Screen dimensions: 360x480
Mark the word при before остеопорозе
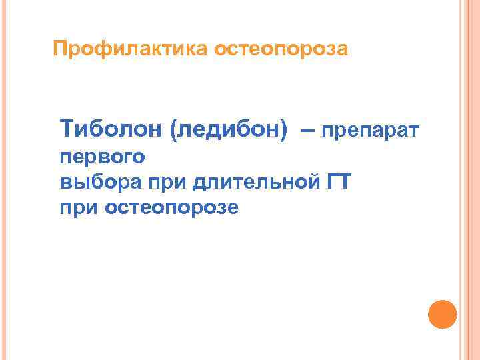[x=79, y=208]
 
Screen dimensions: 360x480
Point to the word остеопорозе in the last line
[x=171, y=208]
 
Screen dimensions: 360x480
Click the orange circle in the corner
[x=441, y=314]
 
